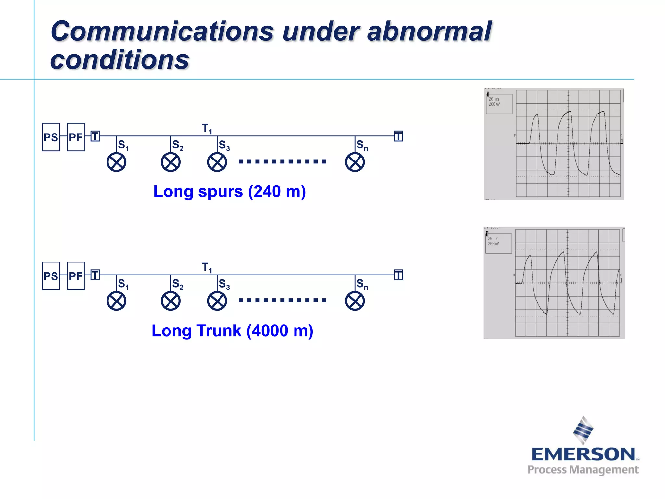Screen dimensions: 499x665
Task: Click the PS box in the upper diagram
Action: (51, 137)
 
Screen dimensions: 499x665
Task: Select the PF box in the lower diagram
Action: (76, 276)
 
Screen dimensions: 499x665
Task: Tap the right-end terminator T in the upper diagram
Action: (398, 136)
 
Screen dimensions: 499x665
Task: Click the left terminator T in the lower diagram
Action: (95, 275)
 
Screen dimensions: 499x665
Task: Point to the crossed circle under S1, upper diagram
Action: (116, 162)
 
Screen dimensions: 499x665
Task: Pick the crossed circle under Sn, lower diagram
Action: (355, 301)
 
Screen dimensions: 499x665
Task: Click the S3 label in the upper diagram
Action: (224, 145)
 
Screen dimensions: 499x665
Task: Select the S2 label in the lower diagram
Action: (178, 284)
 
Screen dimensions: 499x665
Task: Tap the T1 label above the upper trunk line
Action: (207, 129)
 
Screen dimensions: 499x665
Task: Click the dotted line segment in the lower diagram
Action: (282, 300)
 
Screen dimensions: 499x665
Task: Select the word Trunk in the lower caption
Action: (219, 331)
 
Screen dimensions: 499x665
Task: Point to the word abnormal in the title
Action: (429, 32)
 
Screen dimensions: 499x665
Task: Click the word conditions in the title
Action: (119, 60)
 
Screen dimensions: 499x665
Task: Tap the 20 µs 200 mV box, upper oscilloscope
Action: (499, 104)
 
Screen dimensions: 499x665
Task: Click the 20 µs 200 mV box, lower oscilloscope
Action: (498, 243)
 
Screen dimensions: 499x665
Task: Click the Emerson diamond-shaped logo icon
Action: (583, 430)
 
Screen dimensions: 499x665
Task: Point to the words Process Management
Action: (583, 470)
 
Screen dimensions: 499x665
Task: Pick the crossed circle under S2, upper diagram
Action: (170, 162)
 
